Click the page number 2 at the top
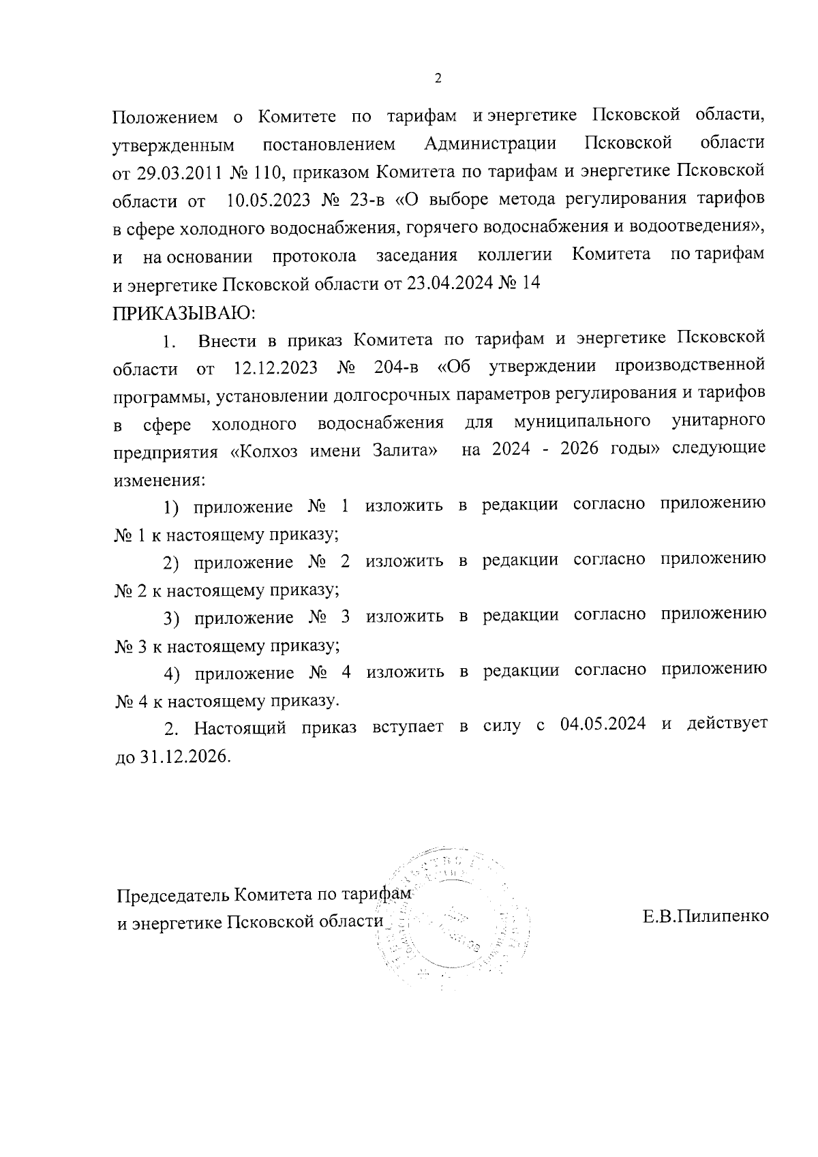(438, 78)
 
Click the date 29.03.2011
(179, 172)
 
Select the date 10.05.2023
(269, 200)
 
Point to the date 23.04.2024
(450, 284)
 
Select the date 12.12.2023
(276, 367)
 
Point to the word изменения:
(158, 479)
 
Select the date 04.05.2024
(603, 725)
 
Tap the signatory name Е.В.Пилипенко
(706, 916)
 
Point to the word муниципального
(582, 423)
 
